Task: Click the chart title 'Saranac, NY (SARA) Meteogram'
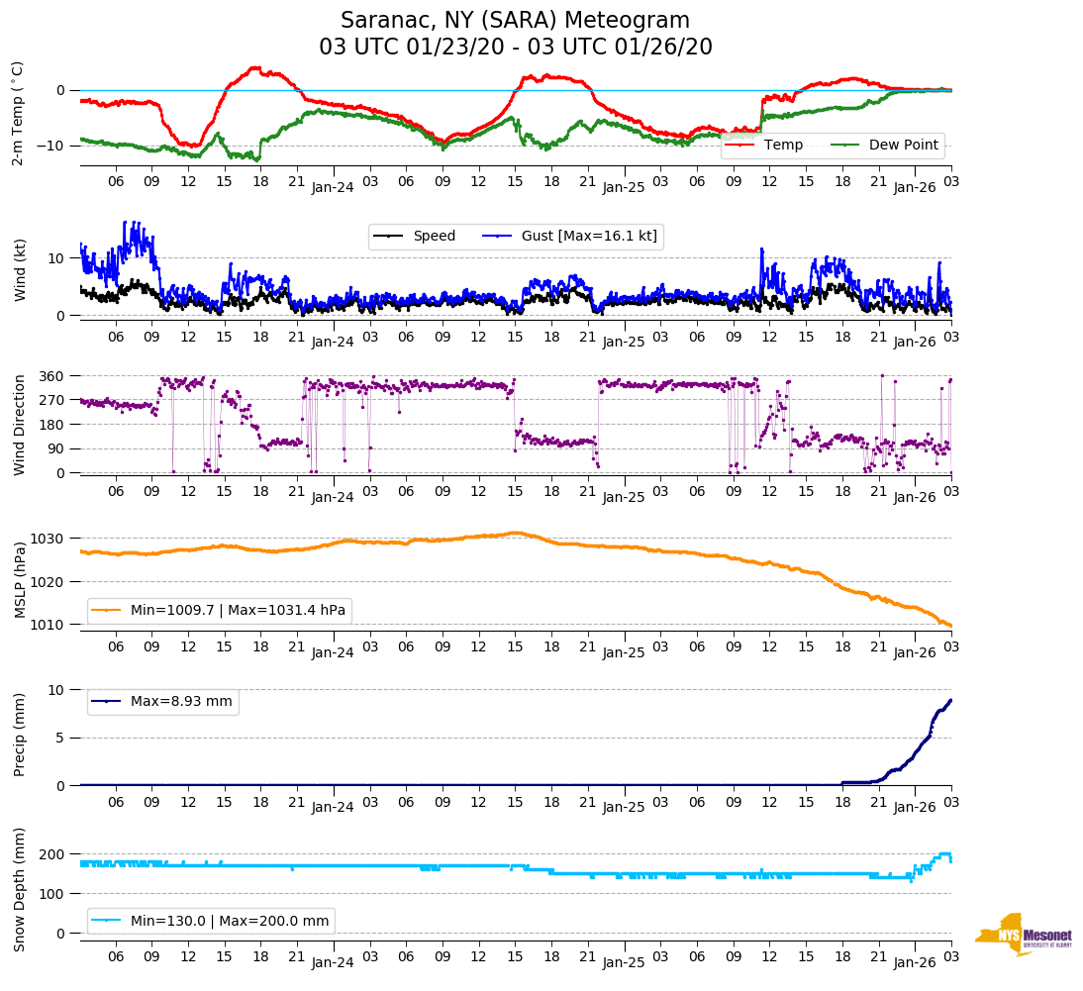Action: pyautogui.click(x=515, y=21)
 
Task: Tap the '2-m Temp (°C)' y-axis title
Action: pyautogui.click(x=18, y=113)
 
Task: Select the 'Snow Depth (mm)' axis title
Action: pyautogui.click(x=21, y=890)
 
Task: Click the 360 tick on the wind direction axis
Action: pyautogui.click(x=51, y=376)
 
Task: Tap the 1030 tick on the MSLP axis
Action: pyautogui.click(x=49, y=539)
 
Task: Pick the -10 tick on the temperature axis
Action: pyautogui.click(x=51, y=146)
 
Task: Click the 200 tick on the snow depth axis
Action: pyautogui.click(x=51, y=854)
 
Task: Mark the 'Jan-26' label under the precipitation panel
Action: pyautogui.click(x=914, y=807)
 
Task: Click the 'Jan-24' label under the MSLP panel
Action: pyautogui.click(x=333, y=653)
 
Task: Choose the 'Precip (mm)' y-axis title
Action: pyautogui.click(x=21, y=739)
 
